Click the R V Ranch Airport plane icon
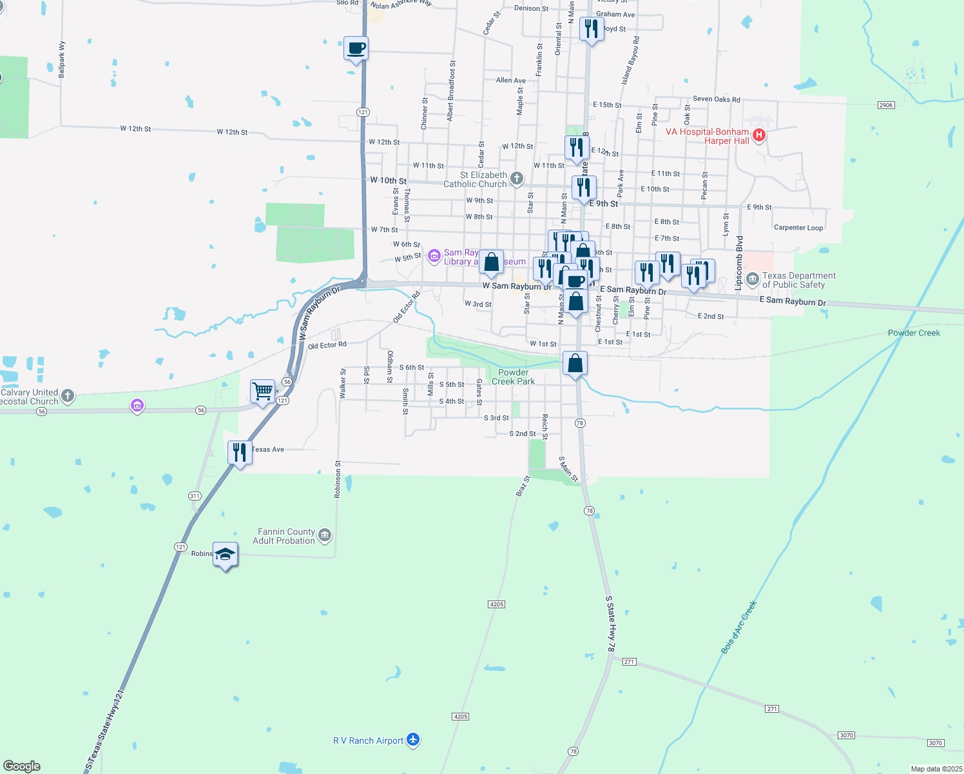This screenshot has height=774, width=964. pos(413,740)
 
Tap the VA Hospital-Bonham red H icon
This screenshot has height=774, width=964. pos(759,135)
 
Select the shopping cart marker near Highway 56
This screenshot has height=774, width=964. pos(262,391)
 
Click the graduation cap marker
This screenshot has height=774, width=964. pos(225,554)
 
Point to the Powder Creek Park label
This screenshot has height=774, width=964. pos(514,377)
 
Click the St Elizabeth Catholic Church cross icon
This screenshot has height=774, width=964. pos(517,179)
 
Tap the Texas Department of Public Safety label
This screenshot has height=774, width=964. pos(798,280)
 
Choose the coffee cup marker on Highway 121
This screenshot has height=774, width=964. pos(356,48)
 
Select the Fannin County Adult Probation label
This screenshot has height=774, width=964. pos(286,536)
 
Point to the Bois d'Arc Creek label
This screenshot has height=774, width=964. pos(738,627)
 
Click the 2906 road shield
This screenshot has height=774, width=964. pos(886,105)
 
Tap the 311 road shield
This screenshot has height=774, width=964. pos(195,496)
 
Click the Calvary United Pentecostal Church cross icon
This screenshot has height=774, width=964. pos(68,396)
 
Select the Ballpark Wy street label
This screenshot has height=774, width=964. pos(62,60)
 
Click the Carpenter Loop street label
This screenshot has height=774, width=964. pos(798,228)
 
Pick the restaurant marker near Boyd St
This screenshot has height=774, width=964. pos(591,28)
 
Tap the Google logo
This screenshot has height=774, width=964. pos(22,766)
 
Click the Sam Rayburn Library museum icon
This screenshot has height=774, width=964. pos(434,257)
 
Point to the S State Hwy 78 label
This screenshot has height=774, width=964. pos(611,624)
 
